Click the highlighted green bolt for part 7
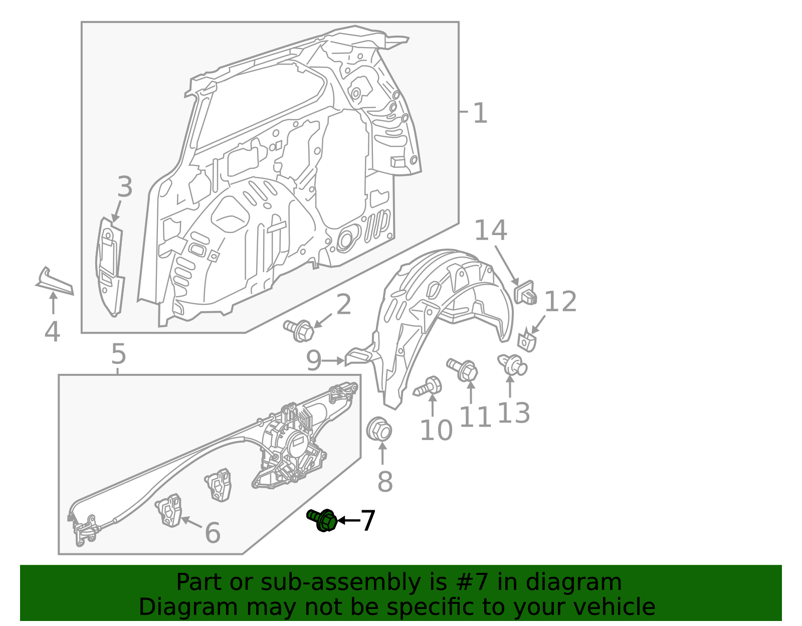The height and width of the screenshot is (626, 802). [322, 520]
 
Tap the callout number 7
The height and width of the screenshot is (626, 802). [367, 521]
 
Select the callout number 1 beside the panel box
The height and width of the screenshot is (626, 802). [480, 113]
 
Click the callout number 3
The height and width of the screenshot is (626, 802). [125, 187]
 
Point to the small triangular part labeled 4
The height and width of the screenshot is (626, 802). [55, 282]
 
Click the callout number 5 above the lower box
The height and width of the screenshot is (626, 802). [118, 354]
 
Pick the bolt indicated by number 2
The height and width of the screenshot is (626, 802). [299, 330]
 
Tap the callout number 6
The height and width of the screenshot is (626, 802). [213, 532]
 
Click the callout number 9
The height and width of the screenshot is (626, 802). [313, 360]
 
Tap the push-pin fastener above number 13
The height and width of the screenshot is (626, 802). [512, 364]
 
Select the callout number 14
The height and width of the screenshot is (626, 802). [490, 231]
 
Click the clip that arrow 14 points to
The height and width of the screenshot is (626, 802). [525, 292]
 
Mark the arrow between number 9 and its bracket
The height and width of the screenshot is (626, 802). [333, 360]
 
